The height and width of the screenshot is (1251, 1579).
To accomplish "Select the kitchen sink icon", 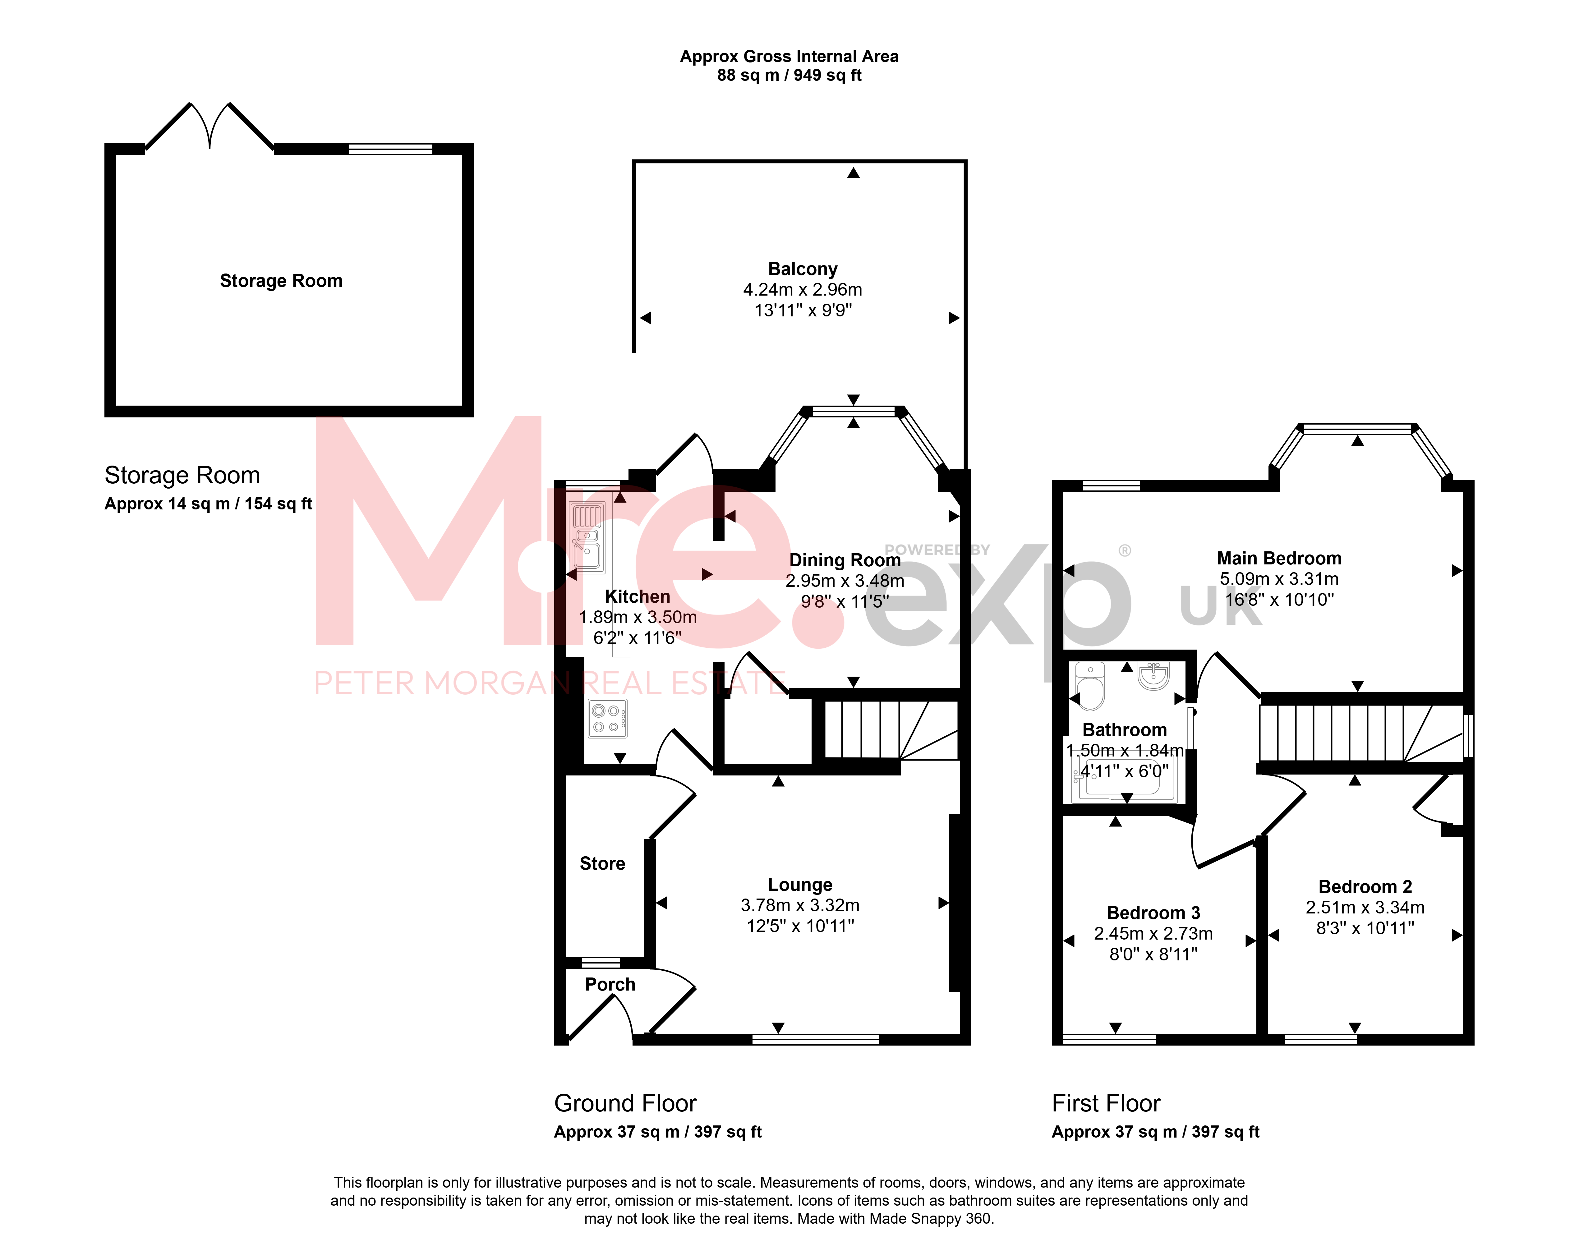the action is click(x=587, y=537).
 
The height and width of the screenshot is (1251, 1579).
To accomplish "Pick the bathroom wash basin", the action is click(x=1153, y=675).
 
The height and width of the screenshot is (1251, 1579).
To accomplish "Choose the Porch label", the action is click(x=610, y=984).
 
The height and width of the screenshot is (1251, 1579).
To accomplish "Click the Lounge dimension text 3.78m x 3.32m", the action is click(x=800, y=905).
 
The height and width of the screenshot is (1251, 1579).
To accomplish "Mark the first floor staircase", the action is click(x=1361, y=733).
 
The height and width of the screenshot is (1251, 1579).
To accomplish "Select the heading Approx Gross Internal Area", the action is click(x=789, y=56).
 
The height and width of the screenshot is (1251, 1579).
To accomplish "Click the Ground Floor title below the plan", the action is click(x=625, y=1103).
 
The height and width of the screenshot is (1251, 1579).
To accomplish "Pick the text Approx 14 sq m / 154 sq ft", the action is click(x=208, y=504).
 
